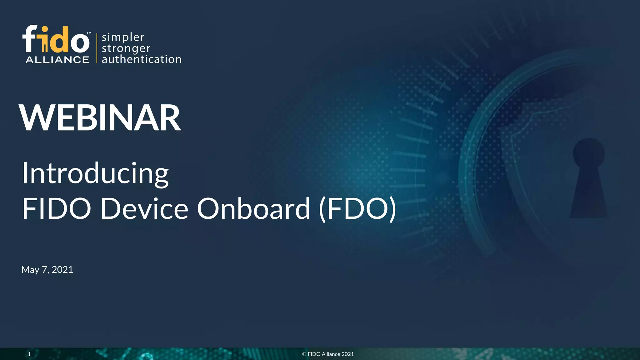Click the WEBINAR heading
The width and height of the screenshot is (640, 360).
100,118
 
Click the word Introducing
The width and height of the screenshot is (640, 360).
95,173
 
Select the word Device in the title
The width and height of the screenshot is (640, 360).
144,208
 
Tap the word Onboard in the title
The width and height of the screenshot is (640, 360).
253,208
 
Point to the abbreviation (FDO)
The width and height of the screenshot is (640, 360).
357,208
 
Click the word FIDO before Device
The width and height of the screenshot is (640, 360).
57,208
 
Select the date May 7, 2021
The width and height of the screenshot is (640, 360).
47,269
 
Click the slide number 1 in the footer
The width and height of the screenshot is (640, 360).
29,354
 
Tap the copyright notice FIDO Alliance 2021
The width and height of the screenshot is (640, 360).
328,354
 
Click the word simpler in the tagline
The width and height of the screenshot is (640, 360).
123,37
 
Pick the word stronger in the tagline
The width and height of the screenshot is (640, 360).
126,48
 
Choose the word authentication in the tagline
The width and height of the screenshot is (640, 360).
142,59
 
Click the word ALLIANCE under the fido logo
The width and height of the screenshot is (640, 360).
57,60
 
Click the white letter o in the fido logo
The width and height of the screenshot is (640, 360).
80,42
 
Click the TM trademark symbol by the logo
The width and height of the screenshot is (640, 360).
89,33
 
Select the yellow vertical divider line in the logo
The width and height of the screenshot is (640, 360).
97,48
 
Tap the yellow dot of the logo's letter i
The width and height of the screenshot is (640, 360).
45,30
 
